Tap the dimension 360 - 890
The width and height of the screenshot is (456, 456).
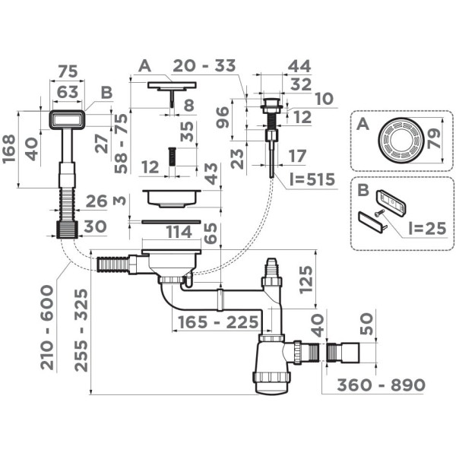pos(381,385)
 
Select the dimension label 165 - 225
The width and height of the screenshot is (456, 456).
pos(218,322)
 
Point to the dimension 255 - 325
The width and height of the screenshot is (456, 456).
pos(81,331)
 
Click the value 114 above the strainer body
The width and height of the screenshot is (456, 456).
pos(179,232)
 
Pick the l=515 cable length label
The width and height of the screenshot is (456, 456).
pos(312,179)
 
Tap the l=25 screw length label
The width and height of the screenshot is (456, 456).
pos(427,228)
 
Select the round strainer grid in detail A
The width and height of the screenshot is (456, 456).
pos(401,140)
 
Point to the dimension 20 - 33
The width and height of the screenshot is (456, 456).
pos(204,65)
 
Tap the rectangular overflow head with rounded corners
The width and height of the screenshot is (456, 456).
pos(68,119)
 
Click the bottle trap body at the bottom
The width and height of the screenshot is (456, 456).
pos(271,367)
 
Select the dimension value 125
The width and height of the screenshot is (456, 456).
pos(306,279)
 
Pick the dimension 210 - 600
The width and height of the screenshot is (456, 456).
pos(47,328)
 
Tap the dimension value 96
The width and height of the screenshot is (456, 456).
pos(223,118)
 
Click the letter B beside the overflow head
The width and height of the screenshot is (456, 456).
pos(106,93)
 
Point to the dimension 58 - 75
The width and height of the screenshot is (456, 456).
pos(121,144)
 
